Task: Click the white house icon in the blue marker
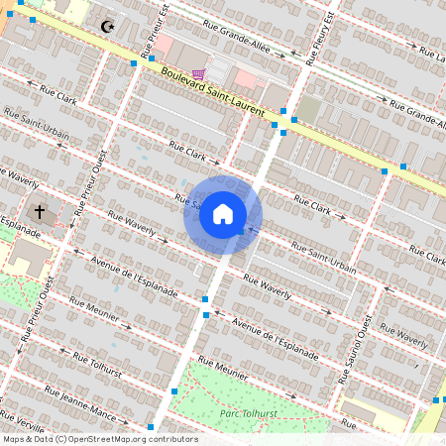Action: click(223, 214)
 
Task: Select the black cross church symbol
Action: click(40, 212)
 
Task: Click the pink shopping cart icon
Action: click(199, 72)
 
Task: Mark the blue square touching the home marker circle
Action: click(240, 231)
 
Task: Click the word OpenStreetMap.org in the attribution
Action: click(108, 439)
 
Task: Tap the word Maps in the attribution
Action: click(15, 439)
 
